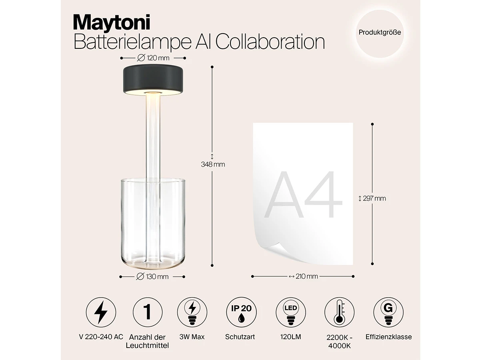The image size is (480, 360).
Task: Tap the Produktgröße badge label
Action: tap(380, 32)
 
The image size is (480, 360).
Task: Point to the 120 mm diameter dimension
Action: tap(153, 58)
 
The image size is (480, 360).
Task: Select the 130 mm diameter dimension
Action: tap(152, 277)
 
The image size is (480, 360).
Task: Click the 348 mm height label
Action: tap(213, 164)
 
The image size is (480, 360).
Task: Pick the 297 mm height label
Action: tap(372, 198)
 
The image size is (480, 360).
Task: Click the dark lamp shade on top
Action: tap(153, 79)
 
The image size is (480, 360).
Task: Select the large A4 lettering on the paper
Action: tap(303, 194)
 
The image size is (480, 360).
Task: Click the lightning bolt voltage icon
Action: tap(101, 312)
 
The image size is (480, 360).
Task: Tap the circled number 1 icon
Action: tap(148, 312)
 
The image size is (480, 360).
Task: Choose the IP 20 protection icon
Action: tap(241, 312)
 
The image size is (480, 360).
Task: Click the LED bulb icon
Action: tap(291, 312)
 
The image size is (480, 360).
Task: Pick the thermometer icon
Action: tap(339, 312)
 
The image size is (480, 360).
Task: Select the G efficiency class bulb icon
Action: tap(388, 312)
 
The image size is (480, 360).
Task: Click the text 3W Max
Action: tap(192, 337)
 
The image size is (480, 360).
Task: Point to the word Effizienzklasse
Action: tap(388, 337)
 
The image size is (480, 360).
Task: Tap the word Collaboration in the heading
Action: tap(270, 42)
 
